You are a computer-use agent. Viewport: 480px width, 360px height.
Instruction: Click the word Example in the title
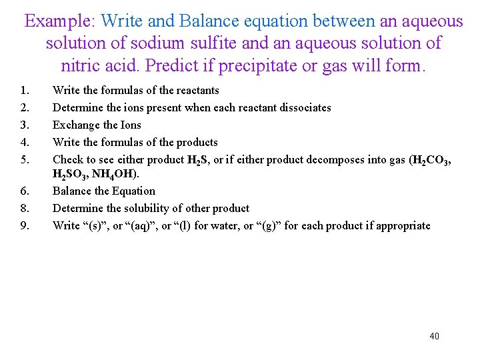(x=61, y=21)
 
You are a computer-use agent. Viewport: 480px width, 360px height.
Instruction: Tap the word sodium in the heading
(x=159, y=43)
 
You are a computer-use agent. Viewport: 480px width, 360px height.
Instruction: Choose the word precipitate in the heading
(x=267, y=66)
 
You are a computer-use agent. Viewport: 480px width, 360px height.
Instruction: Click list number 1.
(x=25, y=90)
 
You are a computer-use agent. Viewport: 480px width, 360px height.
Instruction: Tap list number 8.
(x=25, y=208)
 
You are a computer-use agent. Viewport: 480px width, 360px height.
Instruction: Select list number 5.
(x=25, y=159)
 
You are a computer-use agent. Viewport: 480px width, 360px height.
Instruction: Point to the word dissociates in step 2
(x=305, y=107)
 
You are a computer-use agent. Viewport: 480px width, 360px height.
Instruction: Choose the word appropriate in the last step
(x=401, y=225)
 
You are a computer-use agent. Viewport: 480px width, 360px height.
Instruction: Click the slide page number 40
(x=435, y=336)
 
